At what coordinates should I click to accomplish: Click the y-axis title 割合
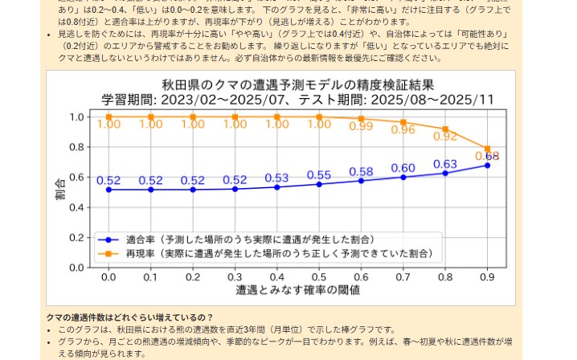coord(61,190)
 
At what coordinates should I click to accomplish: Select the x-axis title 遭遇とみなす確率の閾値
coord(297,288)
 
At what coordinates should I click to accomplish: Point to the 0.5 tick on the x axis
coord(319,276)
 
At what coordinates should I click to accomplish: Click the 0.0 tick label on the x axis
coord(108,276)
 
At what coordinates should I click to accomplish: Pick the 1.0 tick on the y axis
coord(78,117)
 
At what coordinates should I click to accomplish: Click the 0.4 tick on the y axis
coord(78,207)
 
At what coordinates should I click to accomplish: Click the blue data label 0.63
coord(445,164)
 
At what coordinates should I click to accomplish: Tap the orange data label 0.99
coord(361,125)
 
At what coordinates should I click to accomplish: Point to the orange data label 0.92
coord(445,136)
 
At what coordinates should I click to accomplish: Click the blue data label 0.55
coord(319,175)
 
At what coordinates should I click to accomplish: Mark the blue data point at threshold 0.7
coord(403,177)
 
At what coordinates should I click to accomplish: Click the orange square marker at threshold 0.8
coord(445,129)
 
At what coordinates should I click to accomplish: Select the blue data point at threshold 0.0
coord(108,190)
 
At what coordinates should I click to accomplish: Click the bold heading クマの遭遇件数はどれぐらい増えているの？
coord(129,317)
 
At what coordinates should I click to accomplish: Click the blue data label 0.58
coord(361,171)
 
